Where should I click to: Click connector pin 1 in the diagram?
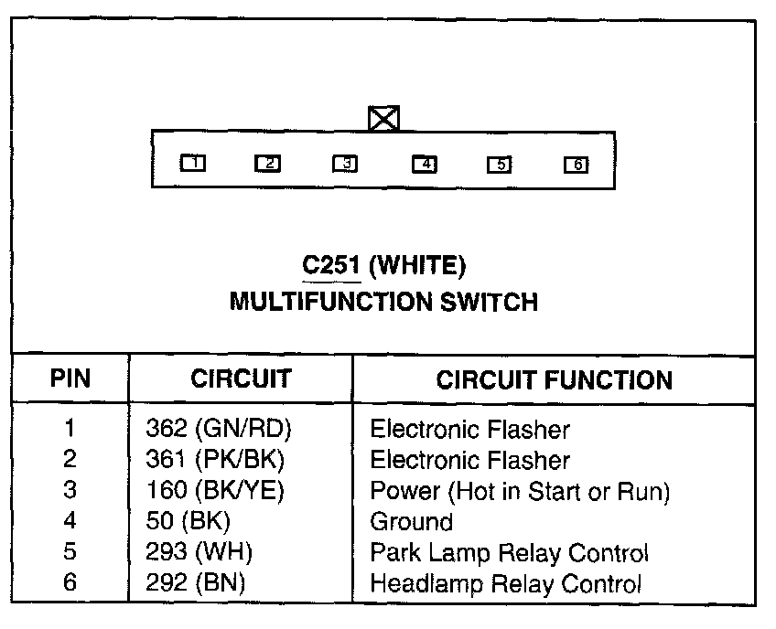click(193, 164)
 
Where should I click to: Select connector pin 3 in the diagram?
click(345, 164)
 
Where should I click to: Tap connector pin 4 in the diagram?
click(425, 165)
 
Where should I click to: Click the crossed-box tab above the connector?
click(383, 119)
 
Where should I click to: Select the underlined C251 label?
click(331, 265)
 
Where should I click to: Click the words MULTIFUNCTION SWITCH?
click(383, 301)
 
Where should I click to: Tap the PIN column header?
click(70, 379)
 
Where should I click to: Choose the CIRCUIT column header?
click(241, 379)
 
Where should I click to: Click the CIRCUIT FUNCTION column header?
click(554, 379)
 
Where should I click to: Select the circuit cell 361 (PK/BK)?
click(215, 460)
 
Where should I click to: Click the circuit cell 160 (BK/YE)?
click(215, 491)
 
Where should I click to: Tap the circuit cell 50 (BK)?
click(188, 522)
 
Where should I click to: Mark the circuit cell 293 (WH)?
click(199, 553)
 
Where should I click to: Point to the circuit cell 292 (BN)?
click(197, 583)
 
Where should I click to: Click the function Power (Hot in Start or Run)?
click(520, 491)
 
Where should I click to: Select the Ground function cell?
click(411, 522)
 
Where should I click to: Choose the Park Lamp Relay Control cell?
click(509, 553)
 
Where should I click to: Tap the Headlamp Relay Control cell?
click(505, 583)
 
